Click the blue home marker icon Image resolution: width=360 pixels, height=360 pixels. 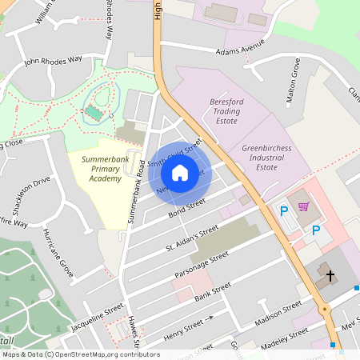[x=180, y=173]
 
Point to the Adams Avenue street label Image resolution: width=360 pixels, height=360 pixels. [x=240, y=50]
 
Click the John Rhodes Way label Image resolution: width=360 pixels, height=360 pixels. [x=54, y=60]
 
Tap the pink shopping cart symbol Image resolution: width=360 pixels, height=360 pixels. [x=304, y=206]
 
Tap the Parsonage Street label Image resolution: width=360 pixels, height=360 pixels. [x=202, y=262]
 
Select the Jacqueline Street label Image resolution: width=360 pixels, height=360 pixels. [x=97, y=317]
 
